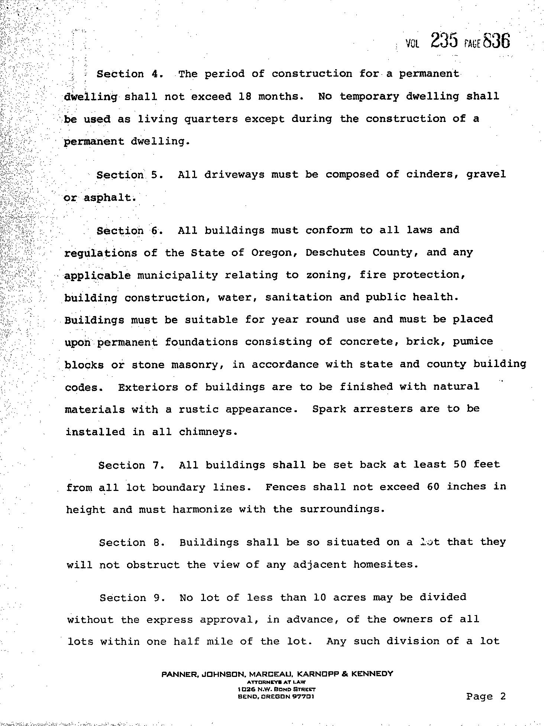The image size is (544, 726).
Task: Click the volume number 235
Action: pyautogui.click(x=444, y=41)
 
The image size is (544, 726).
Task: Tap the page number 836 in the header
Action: pyautogui.click(x=497, y=41)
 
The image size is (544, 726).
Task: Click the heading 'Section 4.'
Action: pyautogui.click(x=130, y=74)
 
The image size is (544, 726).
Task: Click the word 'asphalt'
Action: pyautogui.click(x=107, y=197)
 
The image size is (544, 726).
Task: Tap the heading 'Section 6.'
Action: pyautogui.click(x=130, y=231)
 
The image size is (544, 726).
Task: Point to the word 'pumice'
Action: pyautogui.click(x=473, y=342)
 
